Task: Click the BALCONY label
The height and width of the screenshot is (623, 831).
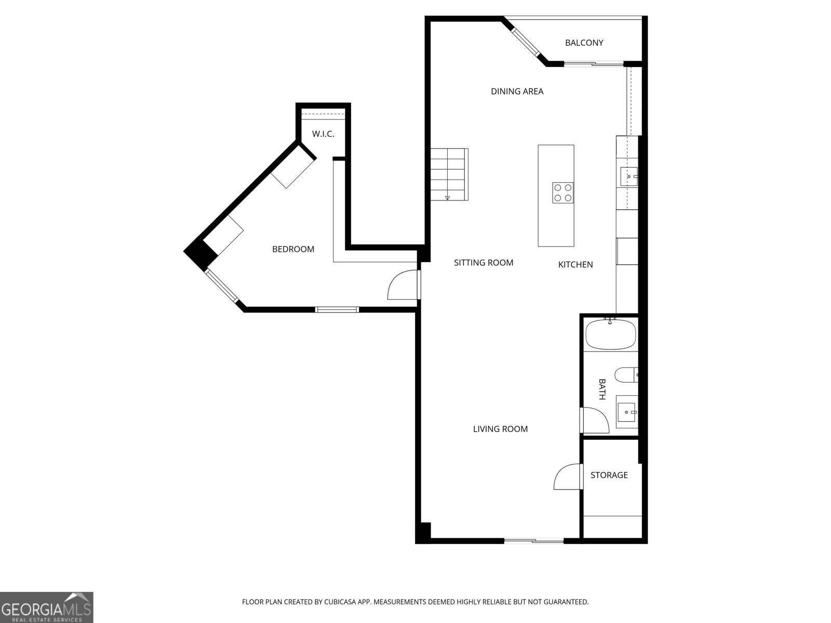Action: [x=584, y=43]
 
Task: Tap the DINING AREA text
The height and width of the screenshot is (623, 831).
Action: [x=517, y=91]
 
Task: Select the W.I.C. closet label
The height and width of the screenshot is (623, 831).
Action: [x=323, y=134]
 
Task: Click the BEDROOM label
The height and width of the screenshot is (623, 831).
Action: [x=293, y=249]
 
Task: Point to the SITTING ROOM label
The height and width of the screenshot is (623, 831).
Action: [x=484, y=263]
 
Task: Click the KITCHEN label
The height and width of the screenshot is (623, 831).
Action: [x=575, y=265]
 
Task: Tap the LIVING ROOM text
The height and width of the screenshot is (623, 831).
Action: [x=500, y=429]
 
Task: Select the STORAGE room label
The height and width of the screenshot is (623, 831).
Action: [x=609, y=475]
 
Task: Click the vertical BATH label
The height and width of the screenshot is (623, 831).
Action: [x=602, y=389]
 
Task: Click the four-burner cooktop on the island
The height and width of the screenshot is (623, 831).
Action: [x=562, y=193]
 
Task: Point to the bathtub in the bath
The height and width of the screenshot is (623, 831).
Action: [x=610, y=335]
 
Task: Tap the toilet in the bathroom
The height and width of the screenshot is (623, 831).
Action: [x=625, y=375]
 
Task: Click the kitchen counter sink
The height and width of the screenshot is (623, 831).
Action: [x=628, y=177]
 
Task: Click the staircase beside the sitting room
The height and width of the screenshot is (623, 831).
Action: [x=449, y=174]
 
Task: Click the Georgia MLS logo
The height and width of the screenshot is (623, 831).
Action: [x=47, y=607]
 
